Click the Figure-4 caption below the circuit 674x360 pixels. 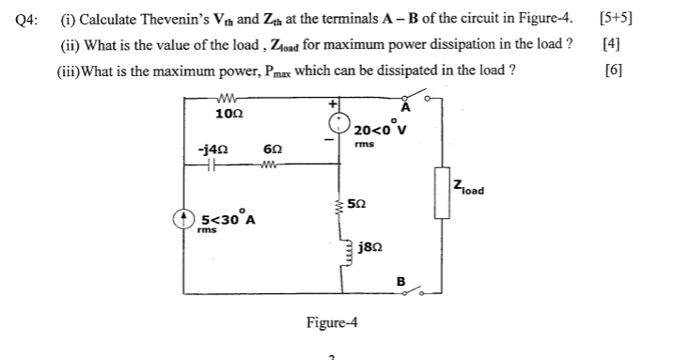(332, 322)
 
